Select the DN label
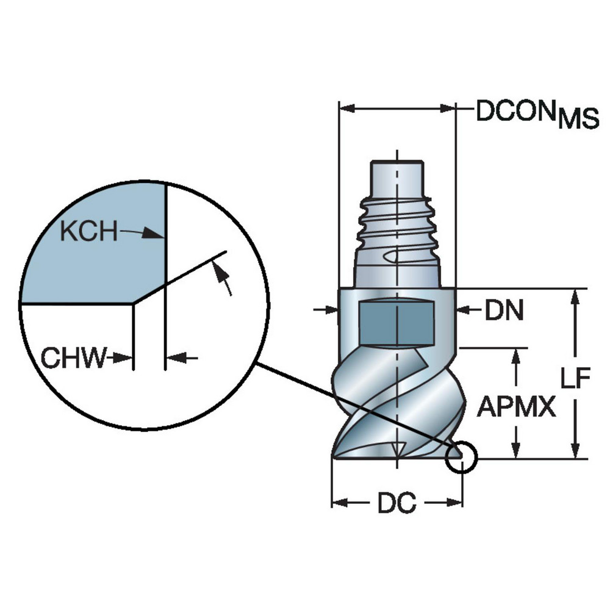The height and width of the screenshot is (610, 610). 504,311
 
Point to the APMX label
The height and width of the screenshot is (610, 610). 516,406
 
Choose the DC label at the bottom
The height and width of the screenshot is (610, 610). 396,503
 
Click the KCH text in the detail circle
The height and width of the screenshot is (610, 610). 89,232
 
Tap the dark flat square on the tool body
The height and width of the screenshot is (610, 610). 396,322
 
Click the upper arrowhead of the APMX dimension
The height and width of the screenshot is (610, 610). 517,356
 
